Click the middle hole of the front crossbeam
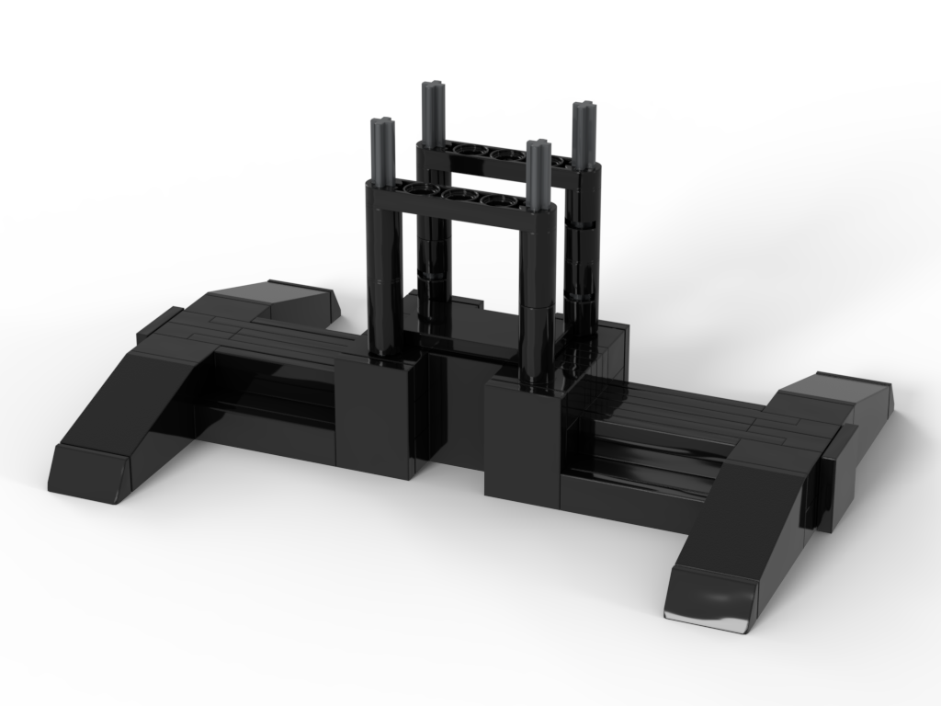coord(453,194)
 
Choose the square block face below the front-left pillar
coord(372,418)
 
